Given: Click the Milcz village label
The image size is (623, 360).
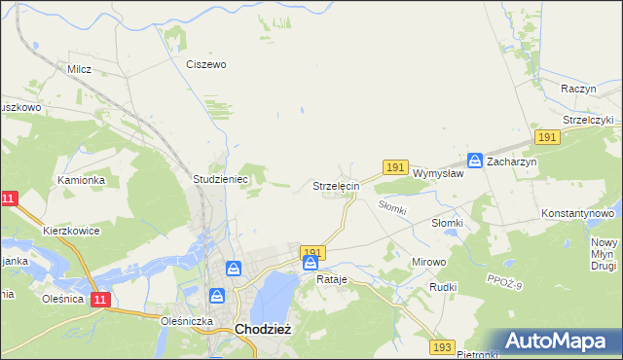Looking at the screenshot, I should pyautogui.click(x=79, y=69).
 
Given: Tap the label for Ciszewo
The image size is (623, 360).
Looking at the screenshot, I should pyautogui.click(x=206, y=64).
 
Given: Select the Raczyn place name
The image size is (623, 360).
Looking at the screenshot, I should pyautogui.click(x=578, y=88).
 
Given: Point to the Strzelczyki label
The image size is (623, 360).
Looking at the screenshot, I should pyautogui.click(x=588, y=120).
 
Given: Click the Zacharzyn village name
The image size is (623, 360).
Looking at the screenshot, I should pyautogui.click(x=512, y=162).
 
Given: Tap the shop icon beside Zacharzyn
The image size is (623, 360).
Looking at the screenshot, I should pyautogui.click(x=475, y=161).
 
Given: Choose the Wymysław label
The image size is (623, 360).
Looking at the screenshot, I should pyautogui.click(x=436, y=173).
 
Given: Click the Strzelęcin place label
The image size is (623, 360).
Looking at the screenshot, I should pyautogui.click(x=337, y=185).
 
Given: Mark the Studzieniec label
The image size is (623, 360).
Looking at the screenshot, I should pyautogui.click(x=222, y=180).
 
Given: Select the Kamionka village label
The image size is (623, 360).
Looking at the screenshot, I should pyautogui.click(x=81, y=180).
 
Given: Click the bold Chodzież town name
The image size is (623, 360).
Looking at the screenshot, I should pyautogui.click(x=263, y=329).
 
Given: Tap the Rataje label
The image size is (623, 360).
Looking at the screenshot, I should pyautogui.click(x=332, y=279).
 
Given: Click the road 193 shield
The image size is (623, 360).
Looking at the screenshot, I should pyautogui.click(x=444, y=346).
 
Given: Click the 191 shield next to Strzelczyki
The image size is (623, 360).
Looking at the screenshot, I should pyautogui.click(x=546, y=138).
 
